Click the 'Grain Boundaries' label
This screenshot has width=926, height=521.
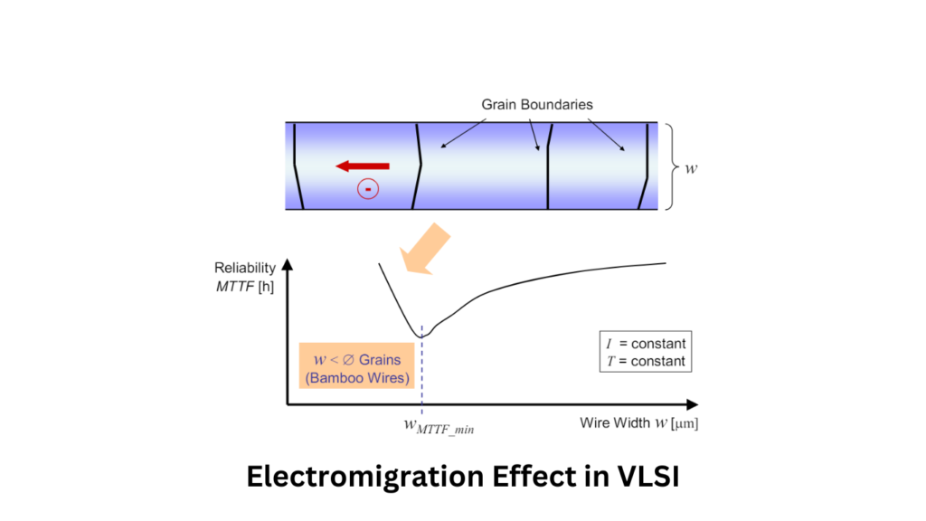[x=537, y=104]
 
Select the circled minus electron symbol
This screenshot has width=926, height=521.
[x=368, y=188]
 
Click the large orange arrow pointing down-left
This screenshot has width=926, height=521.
[x=426, y=248]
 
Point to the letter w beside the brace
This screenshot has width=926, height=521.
[x=691, y=168]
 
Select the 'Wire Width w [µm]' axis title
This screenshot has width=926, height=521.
[x=638, y=422]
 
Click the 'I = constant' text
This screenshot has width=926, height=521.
[x=644, y=344]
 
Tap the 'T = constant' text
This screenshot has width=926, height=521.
[x=644, y=361]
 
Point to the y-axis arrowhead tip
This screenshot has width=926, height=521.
[x=288, y=259]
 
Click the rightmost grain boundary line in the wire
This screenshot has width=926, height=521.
[x=645, y=166]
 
